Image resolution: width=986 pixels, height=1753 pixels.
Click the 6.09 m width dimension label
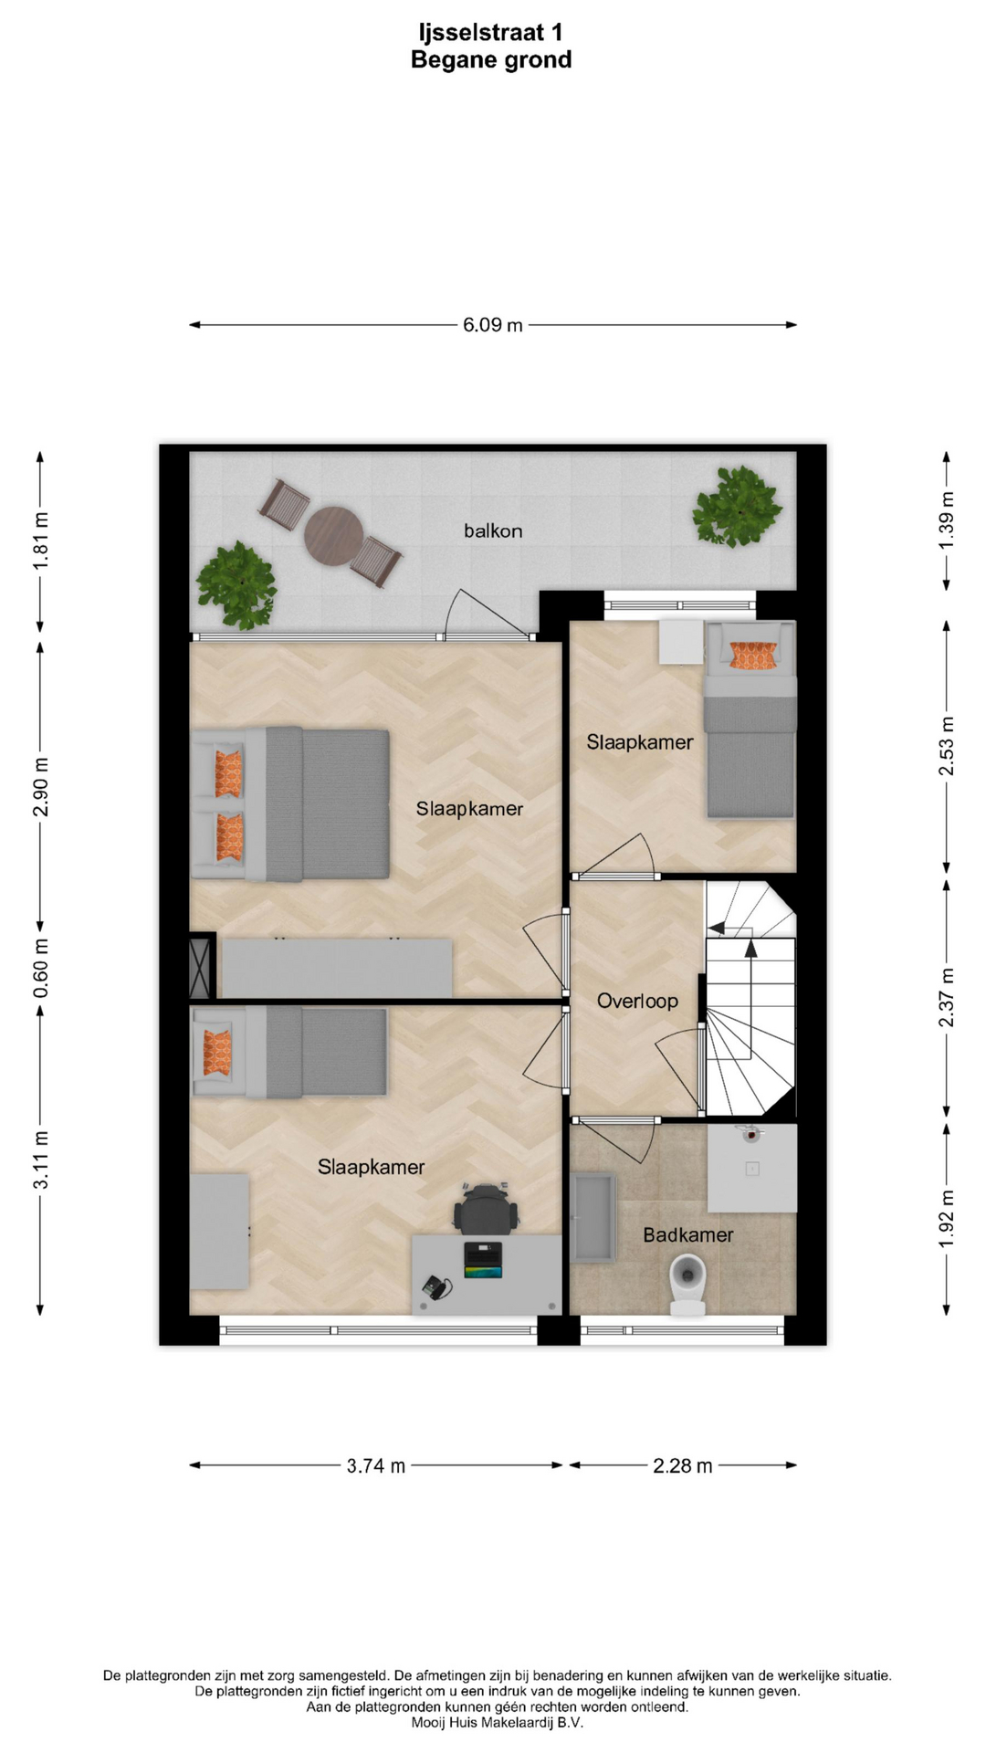pos(492,325)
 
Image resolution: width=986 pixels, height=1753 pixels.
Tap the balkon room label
pos(493,530)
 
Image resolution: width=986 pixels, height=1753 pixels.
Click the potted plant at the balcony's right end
pos(737,506)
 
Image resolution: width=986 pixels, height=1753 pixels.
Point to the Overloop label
pos(637,1001)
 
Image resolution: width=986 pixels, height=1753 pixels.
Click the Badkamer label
pos(688,1235)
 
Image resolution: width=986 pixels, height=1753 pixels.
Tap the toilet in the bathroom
pos(688,1284)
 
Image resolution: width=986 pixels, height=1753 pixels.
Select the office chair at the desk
pos(487,1208)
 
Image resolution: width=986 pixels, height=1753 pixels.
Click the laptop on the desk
pos(483,1259)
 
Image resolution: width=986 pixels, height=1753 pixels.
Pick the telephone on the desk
pos(436,1287)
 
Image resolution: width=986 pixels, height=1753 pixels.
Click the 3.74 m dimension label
pos(376,1466)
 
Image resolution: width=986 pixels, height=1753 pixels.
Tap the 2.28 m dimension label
pos(683,1466)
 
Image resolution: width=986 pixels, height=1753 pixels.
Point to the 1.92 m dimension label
pos(947,1218)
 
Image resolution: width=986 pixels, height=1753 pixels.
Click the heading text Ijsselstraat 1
pos(491,33)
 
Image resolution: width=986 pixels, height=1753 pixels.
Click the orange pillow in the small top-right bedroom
pos(753,655)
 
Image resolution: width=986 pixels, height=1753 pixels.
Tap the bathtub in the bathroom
pos(593,1218)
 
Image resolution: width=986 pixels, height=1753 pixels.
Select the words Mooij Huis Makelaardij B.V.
pos(498,1723)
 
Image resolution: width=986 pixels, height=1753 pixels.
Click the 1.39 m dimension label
pos(947,521)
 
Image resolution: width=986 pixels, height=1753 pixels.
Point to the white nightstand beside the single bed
pos(681,642)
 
